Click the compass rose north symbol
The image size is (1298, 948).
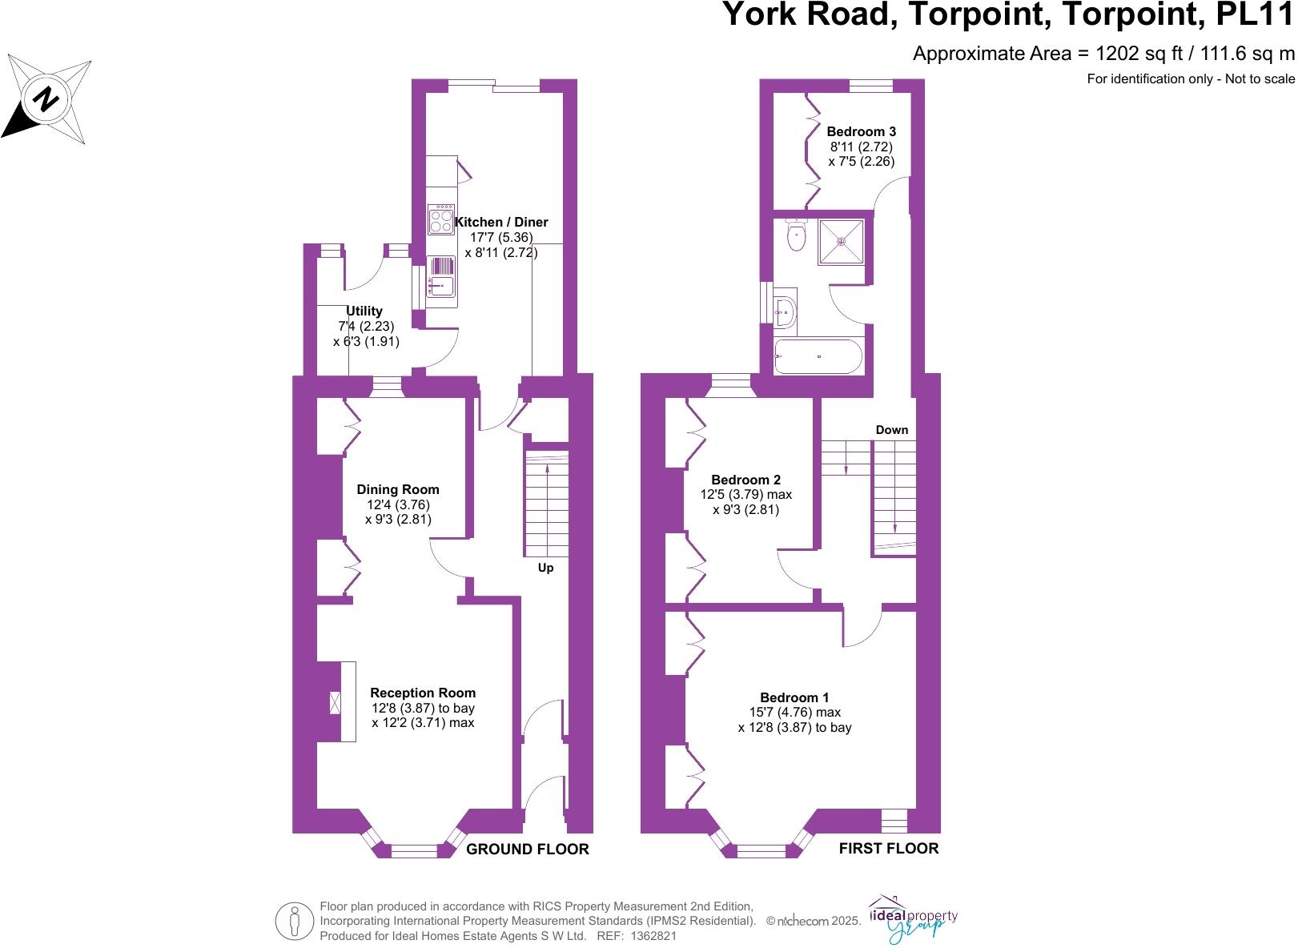coord(46,99)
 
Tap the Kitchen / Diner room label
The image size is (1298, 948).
coord(501,222)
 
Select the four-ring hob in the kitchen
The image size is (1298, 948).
coord(441,219)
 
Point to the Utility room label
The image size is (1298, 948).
coord(364,311)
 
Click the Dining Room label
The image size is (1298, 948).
coord(398,489)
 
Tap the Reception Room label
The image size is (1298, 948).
coord(423,693)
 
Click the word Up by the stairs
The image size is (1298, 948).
coord(545,568)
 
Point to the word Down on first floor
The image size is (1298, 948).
coord(891,430)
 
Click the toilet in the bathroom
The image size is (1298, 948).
coord(796,236)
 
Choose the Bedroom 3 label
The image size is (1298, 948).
coord(861,131)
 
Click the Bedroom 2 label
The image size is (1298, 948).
coord(745,480)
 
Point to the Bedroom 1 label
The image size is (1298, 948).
coord(794,697)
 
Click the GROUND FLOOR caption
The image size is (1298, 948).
coord(528,850)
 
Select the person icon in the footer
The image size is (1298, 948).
coord(295,921)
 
